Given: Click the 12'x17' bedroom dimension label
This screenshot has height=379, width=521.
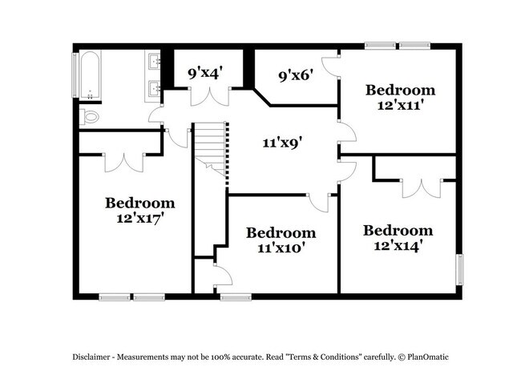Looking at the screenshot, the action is (141, 218).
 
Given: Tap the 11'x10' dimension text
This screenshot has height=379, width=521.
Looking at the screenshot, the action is (281, 248).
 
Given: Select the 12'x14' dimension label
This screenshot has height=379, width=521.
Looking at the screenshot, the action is (398, 246).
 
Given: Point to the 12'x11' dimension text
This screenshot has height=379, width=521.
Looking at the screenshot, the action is (401, 105).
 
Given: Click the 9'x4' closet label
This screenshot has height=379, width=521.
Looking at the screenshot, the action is (205, 73).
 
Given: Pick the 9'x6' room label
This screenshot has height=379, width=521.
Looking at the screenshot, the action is (296, 76).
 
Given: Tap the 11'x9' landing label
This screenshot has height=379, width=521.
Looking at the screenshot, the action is (282, 143).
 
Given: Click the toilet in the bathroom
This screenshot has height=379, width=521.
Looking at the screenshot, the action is (89, 116).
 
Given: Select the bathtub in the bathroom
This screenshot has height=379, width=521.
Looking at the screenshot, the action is (90, 75).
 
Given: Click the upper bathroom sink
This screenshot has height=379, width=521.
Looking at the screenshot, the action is (153, 60).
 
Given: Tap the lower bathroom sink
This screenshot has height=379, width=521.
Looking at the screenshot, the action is (153, 88).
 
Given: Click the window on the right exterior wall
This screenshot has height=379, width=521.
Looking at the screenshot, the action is (459, 270).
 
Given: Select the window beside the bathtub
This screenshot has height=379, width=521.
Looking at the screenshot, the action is (75, 75).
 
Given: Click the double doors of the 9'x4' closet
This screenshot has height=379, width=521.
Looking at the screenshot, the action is (210, 97).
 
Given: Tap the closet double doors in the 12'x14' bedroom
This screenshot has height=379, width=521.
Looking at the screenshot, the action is (422, 188).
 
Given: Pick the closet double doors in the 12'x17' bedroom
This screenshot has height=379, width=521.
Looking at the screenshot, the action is (124, 163).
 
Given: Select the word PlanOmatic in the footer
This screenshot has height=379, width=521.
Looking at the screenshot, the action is (428, 357).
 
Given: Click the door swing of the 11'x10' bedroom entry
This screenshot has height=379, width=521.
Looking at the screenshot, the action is (318, 203).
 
